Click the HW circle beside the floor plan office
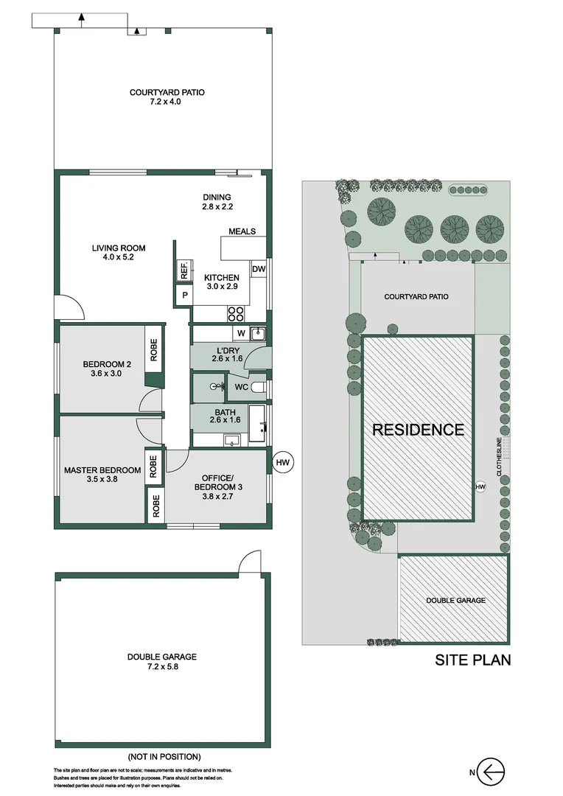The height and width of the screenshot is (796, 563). [x=283, y=462]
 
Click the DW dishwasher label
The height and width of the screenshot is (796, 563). [x=259, y=270]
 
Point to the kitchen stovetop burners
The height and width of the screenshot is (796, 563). [x=236, y=314]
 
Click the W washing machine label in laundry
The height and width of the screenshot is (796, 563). [x=241, y=333]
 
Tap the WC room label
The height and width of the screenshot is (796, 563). [x=241, y=386]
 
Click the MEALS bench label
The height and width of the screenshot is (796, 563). [x=242, y=231]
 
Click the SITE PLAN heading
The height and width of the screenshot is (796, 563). [x=472, y=660]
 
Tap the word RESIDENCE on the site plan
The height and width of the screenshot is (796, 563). [x=418, y=430]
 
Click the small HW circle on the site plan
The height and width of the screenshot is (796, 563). [x=480, y=486]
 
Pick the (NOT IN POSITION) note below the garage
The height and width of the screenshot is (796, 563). [x=164, y=756]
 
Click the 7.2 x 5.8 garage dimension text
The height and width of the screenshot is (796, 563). [x=162, y=667]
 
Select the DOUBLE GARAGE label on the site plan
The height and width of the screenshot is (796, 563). [x=455, y=601]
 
